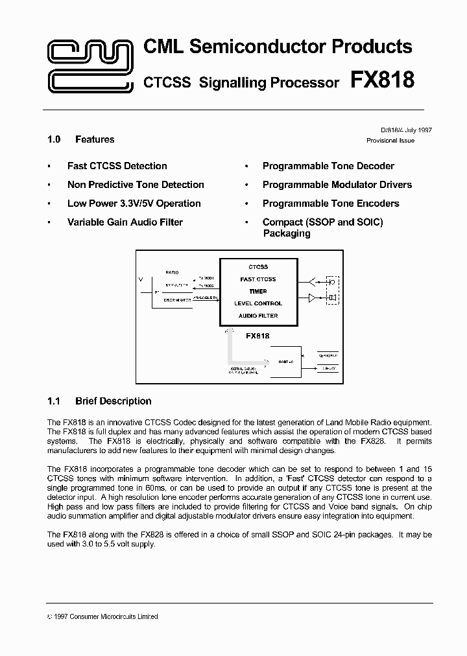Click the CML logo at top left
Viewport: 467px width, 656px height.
click(90, 65)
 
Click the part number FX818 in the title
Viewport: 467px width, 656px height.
click(382, 80)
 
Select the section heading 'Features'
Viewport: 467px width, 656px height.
click(95, 139)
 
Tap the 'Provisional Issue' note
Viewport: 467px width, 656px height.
click(390, 141)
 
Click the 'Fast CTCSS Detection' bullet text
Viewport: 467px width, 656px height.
click(117, 166)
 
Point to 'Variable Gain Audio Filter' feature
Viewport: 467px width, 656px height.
click(125, 222)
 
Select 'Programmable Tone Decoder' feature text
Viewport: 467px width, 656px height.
click(328, 166)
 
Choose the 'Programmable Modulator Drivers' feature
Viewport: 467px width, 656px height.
click(337, 185)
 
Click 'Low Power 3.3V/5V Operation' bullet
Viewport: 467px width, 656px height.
click(134, 204)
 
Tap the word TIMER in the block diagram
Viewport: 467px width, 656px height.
click(258, 292)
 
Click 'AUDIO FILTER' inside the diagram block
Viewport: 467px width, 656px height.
click(258, 316)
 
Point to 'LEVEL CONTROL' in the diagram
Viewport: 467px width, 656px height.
click(258, 303)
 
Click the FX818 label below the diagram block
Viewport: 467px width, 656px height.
click(257, 336)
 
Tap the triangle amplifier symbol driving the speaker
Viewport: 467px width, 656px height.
click(312, 298)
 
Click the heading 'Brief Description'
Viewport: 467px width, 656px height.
click(113, 401)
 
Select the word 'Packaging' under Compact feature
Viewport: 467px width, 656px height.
click(286, 233)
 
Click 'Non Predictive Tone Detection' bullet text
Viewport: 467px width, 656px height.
click(136, 185)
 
